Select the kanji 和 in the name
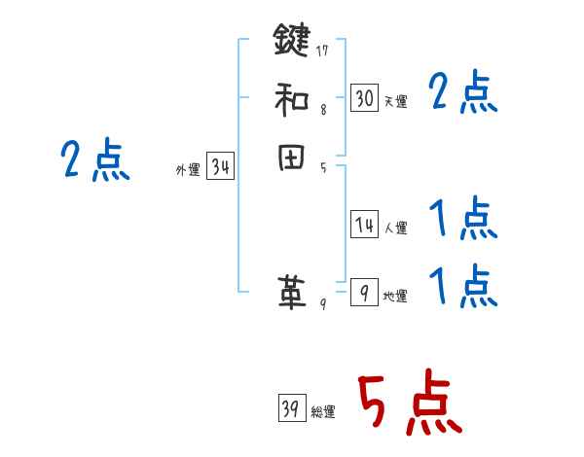[291, 99]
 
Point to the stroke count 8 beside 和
[323, 110]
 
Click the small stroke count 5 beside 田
[323, 167]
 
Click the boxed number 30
[364, 98]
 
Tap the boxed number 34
[220, 167]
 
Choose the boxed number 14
[364, 226]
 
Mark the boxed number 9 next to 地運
[364, 293]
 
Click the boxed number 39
[291, 409]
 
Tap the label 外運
[188, 170]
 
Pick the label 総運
[323, 412]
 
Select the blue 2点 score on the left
[95, 160]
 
